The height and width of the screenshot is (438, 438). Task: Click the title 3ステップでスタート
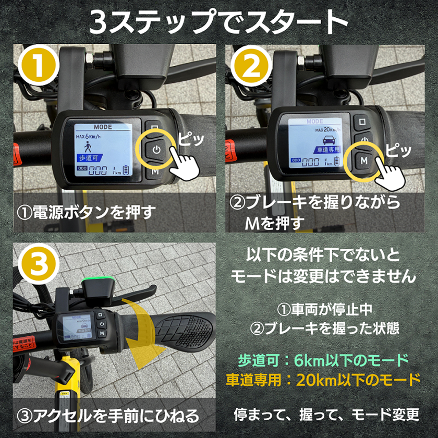pyautogui.click(x=218, y=22)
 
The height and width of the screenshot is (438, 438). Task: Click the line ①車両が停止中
pyautogui.click(x=324, y=309)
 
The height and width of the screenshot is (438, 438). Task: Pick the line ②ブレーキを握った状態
pyautogui.click(x=324, y=328)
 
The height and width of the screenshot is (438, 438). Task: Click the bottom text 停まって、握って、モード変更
pyautogui.click(x=326, y=415)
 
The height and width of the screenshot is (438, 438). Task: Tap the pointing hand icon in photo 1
pyautogui.click(x=186, y=164)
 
